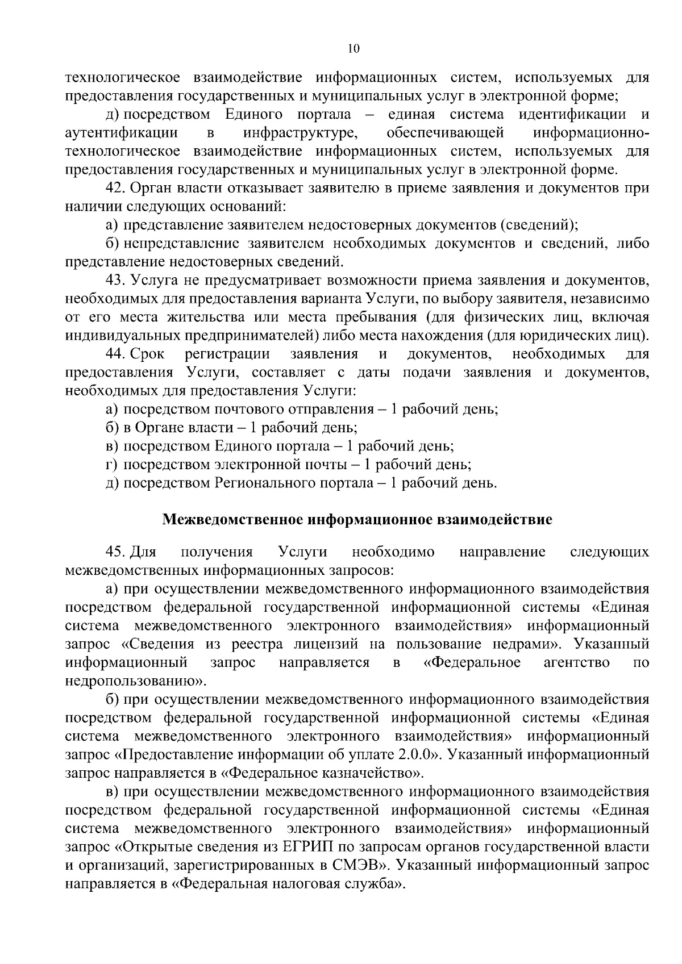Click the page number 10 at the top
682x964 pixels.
tap(353, 49)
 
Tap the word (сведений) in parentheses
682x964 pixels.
tap(539, 225)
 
